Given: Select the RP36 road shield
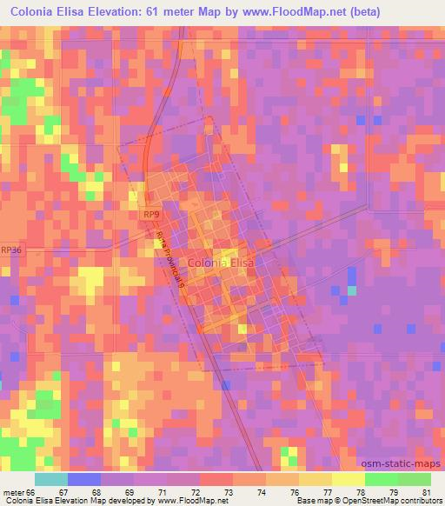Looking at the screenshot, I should tap(11, 249).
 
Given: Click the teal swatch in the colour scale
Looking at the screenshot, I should tap(51, 478).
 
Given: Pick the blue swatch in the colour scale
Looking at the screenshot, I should tap(84, 478).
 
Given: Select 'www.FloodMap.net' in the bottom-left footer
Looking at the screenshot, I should tap(185, 501).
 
